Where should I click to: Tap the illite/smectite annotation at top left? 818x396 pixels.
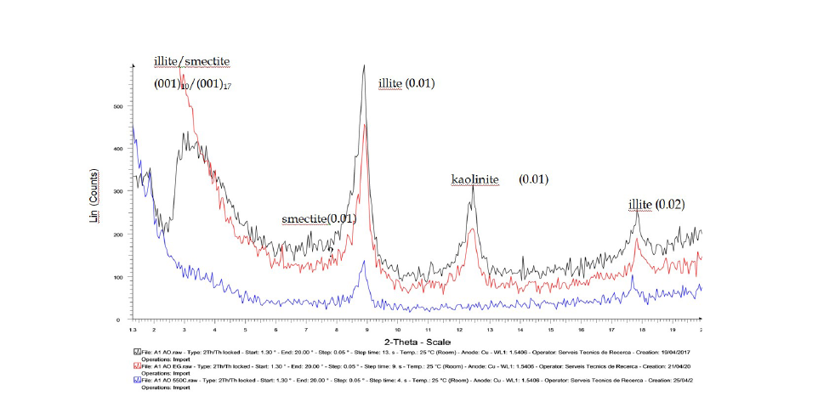[x=191, y=61]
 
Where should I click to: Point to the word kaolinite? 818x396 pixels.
[x=474, y=179]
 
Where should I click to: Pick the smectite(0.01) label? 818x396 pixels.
[x=319, y=219]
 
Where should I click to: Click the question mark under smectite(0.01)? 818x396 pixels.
[x=331, y=237]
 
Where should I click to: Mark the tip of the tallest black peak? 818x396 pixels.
[x=364, y=65]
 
